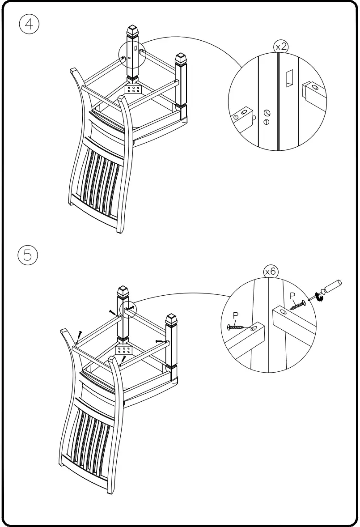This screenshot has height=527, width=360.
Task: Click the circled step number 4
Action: [x=30, y=25]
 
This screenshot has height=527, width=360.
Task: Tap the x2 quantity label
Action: [x=281, y=47]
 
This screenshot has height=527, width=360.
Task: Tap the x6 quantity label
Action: [x=270, y=272]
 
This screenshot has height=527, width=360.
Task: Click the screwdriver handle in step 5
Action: [x=332, y=286]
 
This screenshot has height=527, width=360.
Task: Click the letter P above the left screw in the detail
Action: [x=236, y=315]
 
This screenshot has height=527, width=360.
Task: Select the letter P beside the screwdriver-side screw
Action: [x=292, y=296]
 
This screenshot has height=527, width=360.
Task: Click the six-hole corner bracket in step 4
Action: [x=134, y=89]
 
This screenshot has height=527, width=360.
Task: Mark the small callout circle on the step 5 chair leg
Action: [x=127, y=309]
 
